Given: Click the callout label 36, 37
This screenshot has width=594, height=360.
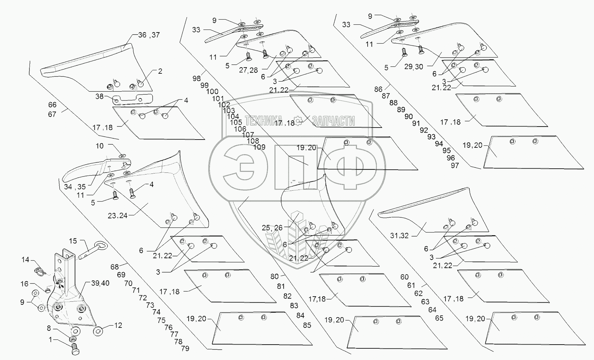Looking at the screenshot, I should (149, 35).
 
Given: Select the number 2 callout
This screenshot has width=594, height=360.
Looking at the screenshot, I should (160, 71).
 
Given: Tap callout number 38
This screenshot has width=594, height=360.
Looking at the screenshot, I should (99, 96).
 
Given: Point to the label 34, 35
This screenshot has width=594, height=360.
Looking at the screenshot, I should (75, 187).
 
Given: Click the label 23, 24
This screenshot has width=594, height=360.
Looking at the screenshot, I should (117, 216).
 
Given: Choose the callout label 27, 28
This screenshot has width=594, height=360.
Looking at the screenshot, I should (248, 70).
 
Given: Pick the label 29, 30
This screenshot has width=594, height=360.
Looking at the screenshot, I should (414, 67).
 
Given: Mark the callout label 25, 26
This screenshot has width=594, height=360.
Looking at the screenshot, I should (272, 228).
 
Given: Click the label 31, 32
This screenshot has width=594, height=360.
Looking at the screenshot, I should (400, 236).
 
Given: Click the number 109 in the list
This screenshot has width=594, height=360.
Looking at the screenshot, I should (259, 147).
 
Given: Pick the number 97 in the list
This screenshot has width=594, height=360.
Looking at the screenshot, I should (455, 165).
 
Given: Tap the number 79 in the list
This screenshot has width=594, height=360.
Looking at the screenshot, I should (185, 349).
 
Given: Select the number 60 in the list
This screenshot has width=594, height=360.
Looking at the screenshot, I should (404, 277).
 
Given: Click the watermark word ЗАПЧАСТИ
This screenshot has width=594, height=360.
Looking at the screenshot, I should (333, 121).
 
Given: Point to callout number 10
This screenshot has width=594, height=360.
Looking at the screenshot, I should (99, 146).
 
